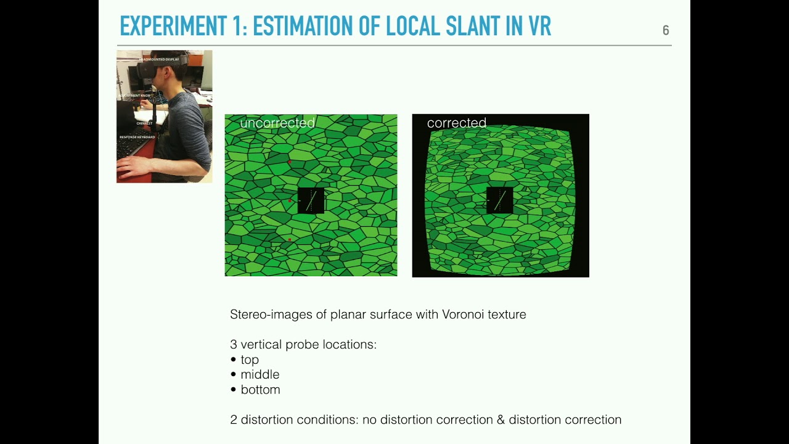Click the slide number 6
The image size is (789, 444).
pyautogui.click(x=666, y=30)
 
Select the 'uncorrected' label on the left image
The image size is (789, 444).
pyautogui.click(x=277, y=123)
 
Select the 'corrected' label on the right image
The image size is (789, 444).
pyautogui.click(x=457, y=123)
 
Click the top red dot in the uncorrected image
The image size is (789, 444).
pyautogui.click(x=289, y=162)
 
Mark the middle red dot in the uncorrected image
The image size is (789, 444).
pyautogui.click(x=290, y=200)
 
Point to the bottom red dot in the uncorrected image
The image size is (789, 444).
pyautogui.click(x=289, y=240)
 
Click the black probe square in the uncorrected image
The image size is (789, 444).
pyautogui.click(x=311, y=200)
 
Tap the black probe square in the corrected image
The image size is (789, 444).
pyautogui.click(x=500, y=200)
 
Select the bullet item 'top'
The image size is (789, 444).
pyautogui.click(x=250, y=360)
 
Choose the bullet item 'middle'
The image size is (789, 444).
pyautogui.click(x=260, y=374)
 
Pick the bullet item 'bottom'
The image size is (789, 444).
pyautogui.click(x=260, y=390)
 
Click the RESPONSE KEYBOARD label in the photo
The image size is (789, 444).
pyautogui.click(x=137, y=137)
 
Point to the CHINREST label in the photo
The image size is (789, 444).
pyautogui.click(x=144, y=123)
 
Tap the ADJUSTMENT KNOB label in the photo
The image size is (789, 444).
pyautogui.click(x=136, y=96)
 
